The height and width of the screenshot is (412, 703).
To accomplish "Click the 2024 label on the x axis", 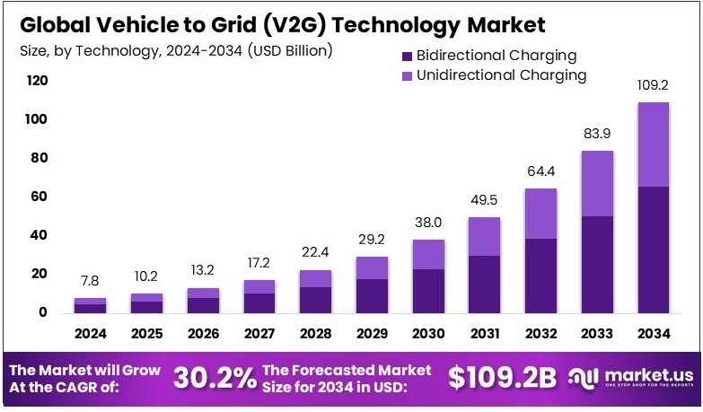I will (x=91, y=334).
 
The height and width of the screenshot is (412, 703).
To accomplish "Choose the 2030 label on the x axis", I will (x=429, y=334).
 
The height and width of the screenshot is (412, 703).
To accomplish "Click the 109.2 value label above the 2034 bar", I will (x=654, y=86).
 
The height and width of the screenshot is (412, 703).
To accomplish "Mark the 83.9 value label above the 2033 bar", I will (x=597, y=135).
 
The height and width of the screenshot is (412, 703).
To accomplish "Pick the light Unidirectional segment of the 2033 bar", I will (x=597, y=183).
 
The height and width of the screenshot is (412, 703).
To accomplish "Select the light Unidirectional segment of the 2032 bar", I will (x=540, y=214).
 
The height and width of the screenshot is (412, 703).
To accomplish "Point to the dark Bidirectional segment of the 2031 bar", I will (x=485, y=285).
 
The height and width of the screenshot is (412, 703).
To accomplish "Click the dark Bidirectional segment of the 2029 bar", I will (x=373, y=296).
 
